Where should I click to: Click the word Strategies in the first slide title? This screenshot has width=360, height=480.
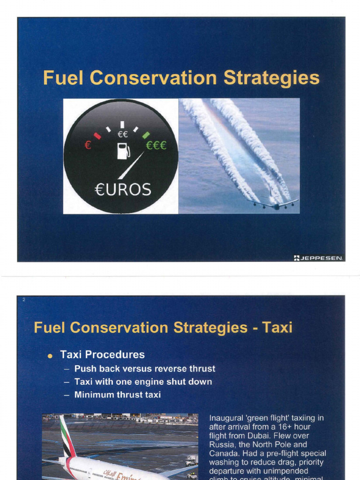[271, 78]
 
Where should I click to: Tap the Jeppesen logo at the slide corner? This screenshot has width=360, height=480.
[318, 257]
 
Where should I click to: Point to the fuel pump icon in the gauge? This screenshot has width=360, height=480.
[123, 151]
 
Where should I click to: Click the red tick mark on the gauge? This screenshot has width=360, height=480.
[97, 136]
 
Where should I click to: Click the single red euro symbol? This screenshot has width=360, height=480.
[87, 146]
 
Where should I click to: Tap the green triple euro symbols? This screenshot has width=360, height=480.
[156, 146]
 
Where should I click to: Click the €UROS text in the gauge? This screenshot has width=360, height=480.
[122, 190]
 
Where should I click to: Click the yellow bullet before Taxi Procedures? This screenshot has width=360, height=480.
[50, 356]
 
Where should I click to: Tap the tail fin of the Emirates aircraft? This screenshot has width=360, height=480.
[67, 436]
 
